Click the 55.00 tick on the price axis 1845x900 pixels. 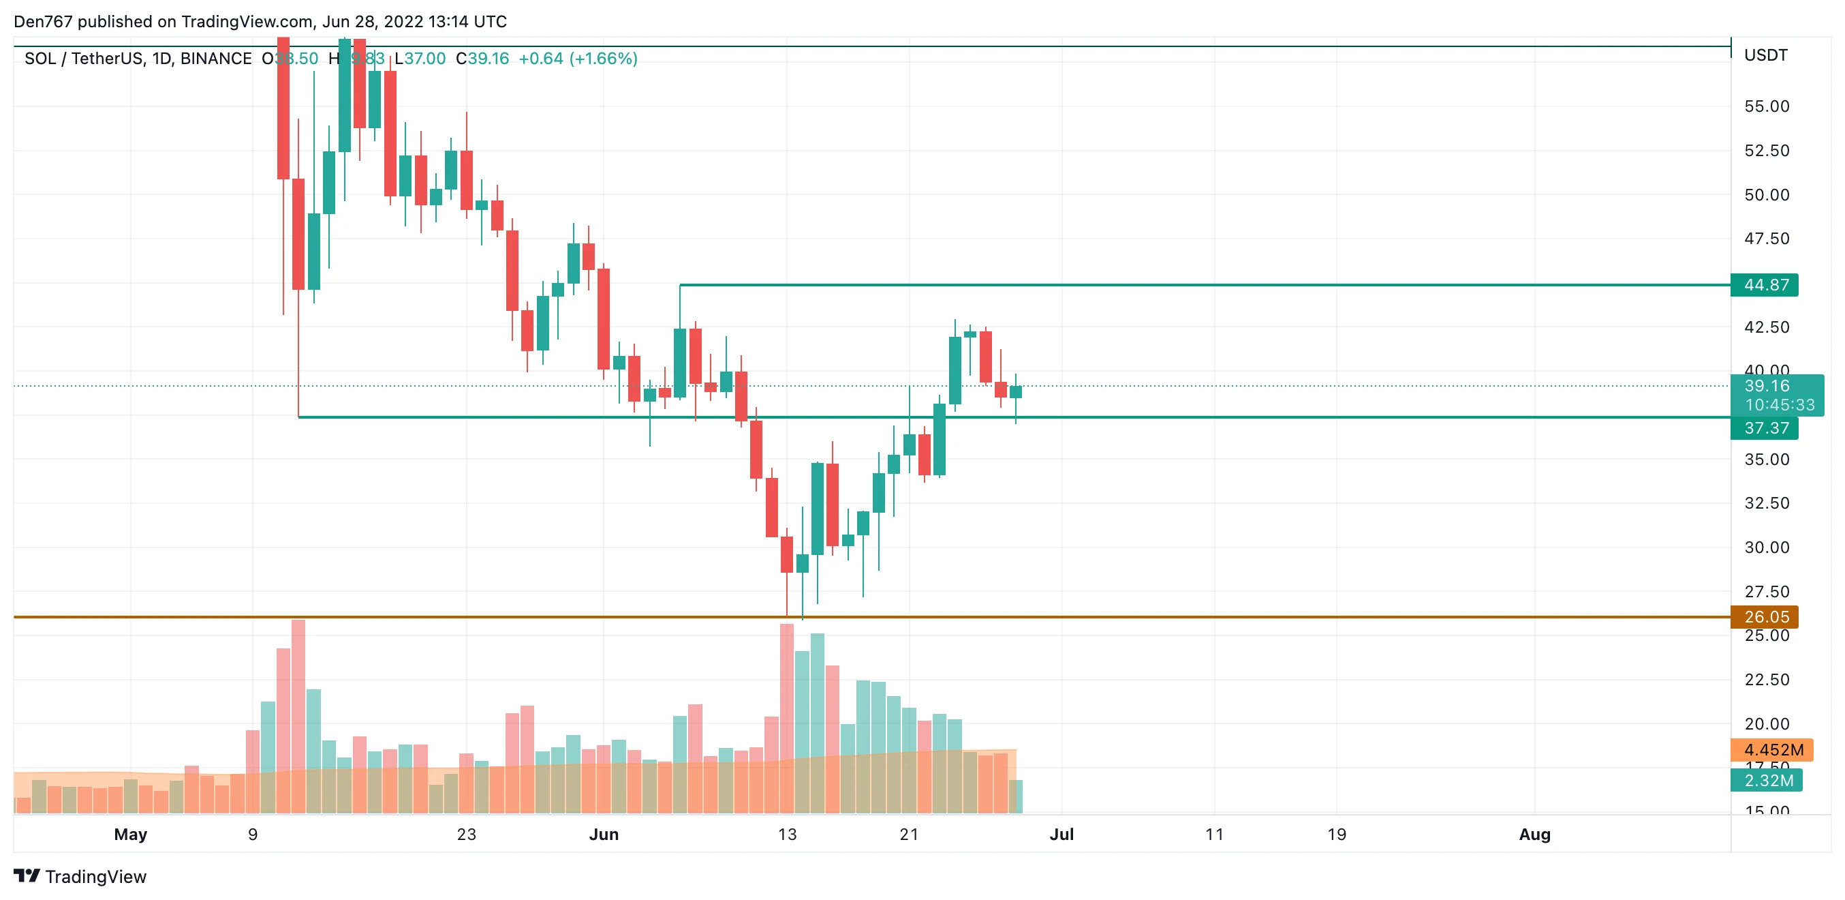1766,107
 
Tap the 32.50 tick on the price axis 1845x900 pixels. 1766,503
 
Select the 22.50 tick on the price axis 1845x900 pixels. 1766,679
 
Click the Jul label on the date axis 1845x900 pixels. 1061,835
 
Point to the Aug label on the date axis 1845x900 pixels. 1534,835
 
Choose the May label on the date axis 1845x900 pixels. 130,835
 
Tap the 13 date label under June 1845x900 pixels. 787,835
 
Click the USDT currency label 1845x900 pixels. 1765,56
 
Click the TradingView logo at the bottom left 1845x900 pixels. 80,877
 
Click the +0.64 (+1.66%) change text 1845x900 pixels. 577,59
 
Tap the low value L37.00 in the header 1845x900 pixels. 420,59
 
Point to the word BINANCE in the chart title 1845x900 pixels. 215,59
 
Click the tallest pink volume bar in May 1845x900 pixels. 298,717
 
